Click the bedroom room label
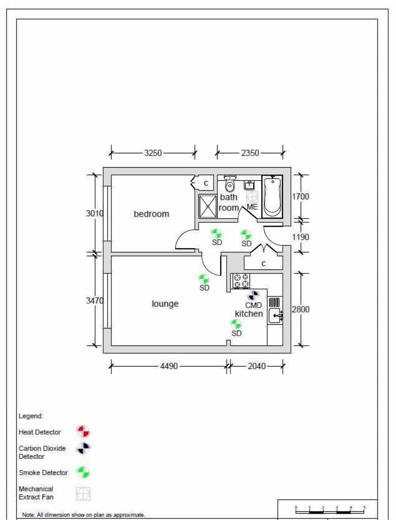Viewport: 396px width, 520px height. coord(151,214)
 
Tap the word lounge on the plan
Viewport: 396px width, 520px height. coord(165,304)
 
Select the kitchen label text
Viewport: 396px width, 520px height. coord(249,314)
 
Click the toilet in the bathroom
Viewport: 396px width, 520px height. coord(230,184)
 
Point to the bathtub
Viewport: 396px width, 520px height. coord(272,196)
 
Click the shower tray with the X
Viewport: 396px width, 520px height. coord(208,206)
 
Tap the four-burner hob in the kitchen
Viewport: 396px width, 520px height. coord(241,281)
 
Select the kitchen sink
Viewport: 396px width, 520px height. coord(275,316)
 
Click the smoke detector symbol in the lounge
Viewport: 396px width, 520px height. coord(204,279)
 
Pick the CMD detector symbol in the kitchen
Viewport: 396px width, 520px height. coord(253,295)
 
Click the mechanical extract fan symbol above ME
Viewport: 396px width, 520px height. coord(252,197)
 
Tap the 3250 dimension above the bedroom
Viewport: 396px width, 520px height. coord(153,153)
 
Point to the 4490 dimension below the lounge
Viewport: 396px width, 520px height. coord(169,366)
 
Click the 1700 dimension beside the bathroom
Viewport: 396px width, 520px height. coord(300,197)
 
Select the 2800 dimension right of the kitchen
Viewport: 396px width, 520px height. coord(300,309)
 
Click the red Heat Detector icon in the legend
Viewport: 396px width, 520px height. coord(83,432)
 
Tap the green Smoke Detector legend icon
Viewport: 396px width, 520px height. coord(83,472)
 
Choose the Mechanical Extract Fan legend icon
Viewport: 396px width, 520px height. coord(83,493)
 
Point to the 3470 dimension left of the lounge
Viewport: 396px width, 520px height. coord(94,301)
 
